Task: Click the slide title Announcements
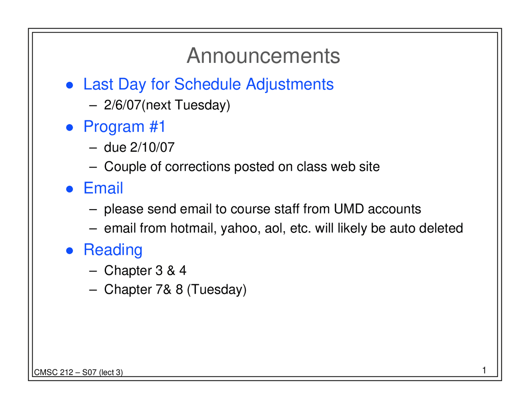tap(263, 56)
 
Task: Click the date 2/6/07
tap(123, 105)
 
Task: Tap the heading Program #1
tap(124, 127)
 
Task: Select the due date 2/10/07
tap(152, 147)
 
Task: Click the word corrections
tap(198, 167)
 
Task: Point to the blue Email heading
tap(103, 188)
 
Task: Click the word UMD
tap(349, 209)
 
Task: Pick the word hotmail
tap(192, 228)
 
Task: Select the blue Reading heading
tap(113, 250)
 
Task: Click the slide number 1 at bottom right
tap(484, 370)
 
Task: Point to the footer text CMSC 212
tap(53, 373)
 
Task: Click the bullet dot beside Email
tap(70, 189)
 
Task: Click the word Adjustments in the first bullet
tap(289, 84)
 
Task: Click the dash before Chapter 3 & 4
tap(93, 271)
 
